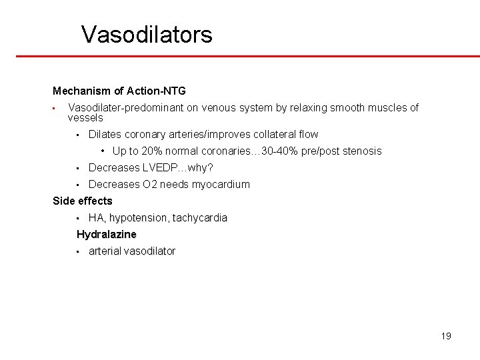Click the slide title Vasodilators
pos(147,34)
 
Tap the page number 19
pos(446,335)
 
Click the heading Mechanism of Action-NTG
pos(119,90)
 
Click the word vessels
pos(85,117)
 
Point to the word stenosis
pos(362,151)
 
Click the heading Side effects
pos(83,201)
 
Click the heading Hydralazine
pos(107,234)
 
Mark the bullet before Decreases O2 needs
pos(78,185)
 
